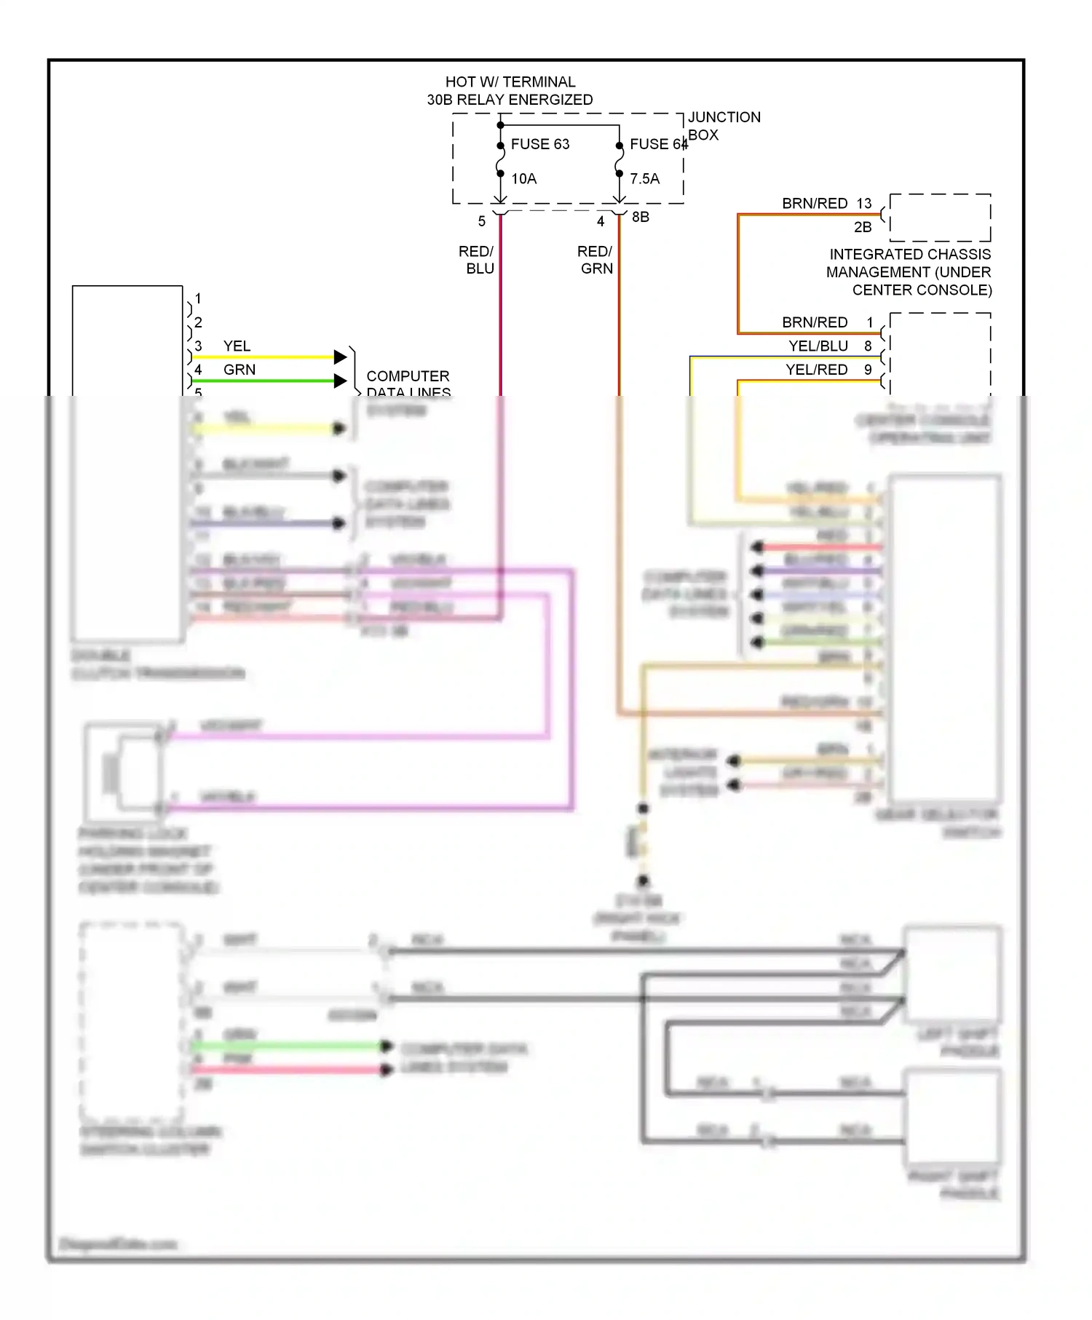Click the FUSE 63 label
[x=539, y=144]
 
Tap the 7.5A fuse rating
[x=644, y=179]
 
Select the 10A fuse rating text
[x=523, y=179]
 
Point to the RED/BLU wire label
[x=477, y=260]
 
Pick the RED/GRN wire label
[x=596, y=260]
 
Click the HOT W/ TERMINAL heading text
[x=510, y=82]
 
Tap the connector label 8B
[x=640, y=217]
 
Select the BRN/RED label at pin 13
[x=814, y=204]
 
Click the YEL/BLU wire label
[x=818, y=346]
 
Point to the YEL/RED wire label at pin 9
[x=816, y=370]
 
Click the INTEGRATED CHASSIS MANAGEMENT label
[x=909, y=272]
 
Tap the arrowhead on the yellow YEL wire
[x=340, y=357]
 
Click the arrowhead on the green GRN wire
[x=340, y=381]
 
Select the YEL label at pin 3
[x=237, y=346]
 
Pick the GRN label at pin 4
[x=239, y=370]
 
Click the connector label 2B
[x=862, y=227]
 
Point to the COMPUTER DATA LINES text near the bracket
[x=408, y=383]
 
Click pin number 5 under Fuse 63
[x=481, y=221]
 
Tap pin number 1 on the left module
[x=198, y=298]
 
